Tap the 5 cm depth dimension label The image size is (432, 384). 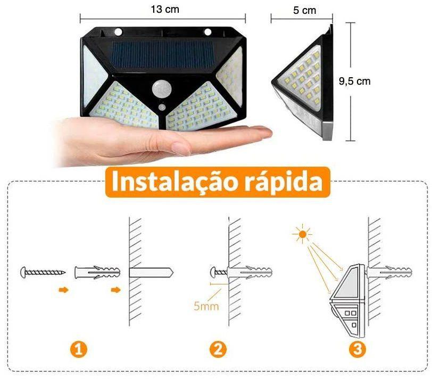(x=304, y=10)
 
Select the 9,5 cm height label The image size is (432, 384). (x=354, y=81)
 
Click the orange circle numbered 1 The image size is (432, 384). (x=78, y=349)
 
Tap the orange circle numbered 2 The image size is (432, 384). (x=219, y=349)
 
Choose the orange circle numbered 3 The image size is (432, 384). (x=358, y=349)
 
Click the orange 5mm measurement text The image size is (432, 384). (x=206, y=306)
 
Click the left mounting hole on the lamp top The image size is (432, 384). (x=118, y=31)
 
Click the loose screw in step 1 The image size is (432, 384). (x=42, y=272)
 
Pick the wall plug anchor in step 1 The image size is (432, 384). (x=98, y=272)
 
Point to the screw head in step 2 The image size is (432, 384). (x=216, y=272)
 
